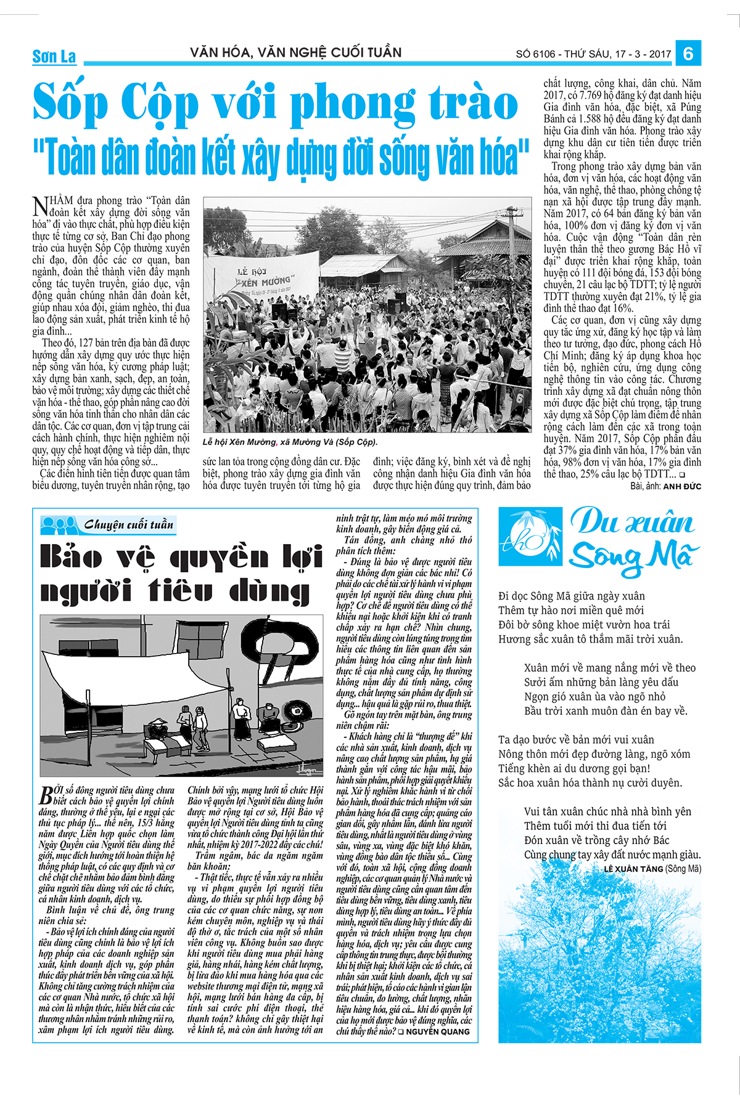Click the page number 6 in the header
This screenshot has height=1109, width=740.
pyautogui.click(x=688, y=54)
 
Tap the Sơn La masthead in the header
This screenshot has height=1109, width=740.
pyautogui.click(x=54, y=57)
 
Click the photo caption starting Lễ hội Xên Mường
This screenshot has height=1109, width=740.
pyautogui.click(x=290, y=442)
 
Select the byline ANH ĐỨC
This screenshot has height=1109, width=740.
pyautogui.click(x=682, y=486)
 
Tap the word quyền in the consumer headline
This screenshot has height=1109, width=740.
pyautogui.click(x=219, y=558)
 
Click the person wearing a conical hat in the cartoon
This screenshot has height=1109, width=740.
pyautogui.click(x=160, y=728)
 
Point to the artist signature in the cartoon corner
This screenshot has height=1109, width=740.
pyautogui.click(x=308, y=768)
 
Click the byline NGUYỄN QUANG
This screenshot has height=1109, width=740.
pyautogui.click(x=438, y=1031)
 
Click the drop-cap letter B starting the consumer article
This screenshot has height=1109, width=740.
pyautogui.click(x=46, y=795)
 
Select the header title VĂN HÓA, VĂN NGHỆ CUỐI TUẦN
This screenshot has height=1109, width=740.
pyautogui.click(x=296, y=52)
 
